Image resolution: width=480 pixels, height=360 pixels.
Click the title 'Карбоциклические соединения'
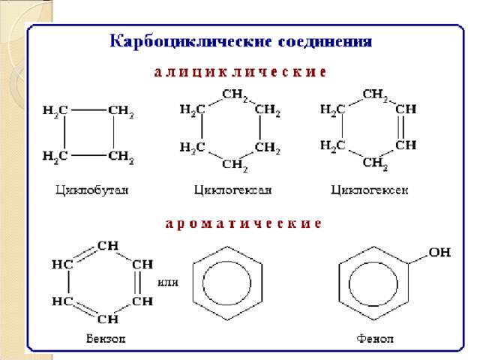241,40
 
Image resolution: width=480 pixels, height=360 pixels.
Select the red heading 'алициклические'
239,73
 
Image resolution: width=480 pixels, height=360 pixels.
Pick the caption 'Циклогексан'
232,190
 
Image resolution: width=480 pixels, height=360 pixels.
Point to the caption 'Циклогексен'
370,190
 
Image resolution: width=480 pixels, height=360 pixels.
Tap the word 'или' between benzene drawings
168,282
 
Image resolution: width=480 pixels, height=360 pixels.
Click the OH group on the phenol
439,253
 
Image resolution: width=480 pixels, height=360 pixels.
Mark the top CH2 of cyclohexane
235,95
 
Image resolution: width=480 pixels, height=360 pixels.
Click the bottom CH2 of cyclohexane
235,163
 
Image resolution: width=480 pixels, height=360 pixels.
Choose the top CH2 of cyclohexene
374,94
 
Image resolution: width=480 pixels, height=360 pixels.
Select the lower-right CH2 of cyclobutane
121,157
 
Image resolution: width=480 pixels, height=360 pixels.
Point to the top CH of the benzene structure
106,245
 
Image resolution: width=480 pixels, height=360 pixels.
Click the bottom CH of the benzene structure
106,319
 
